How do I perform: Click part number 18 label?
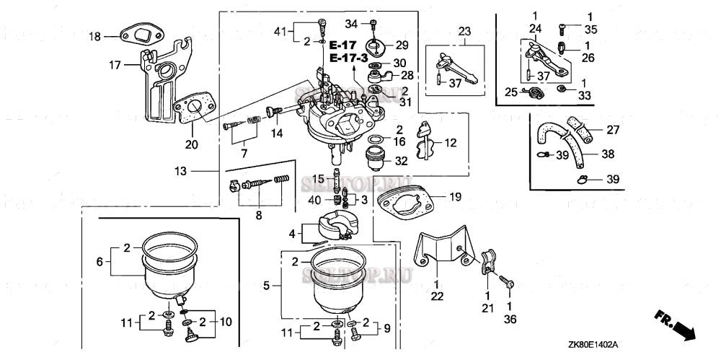point(95,36)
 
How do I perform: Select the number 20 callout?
point(190,144)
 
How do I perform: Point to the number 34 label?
point(351,24)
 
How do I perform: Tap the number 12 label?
point(451,143)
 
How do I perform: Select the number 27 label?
point(613,130)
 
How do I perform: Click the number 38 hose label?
point(609,154)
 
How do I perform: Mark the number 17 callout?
point(115,64)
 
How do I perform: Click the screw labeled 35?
point(562,29)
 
